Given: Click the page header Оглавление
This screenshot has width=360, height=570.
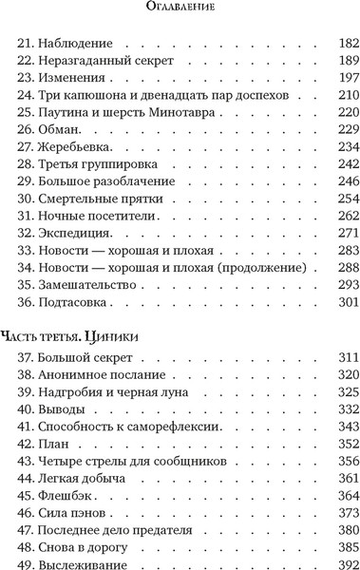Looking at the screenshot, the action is point(180,9).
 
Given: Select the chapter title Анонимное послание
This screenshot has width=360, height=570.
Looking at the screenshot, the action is point(102,373).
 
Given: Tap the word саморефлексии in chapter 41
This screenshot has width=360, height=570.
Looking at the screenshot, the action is point(176,426).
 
